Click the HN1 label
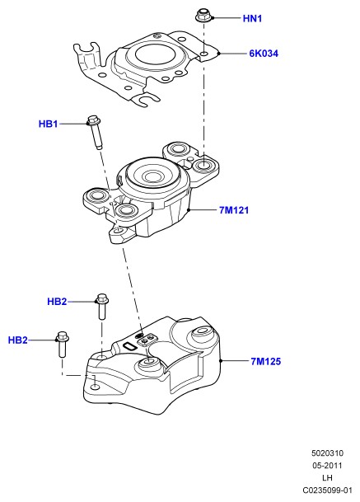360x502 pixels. (252, 19)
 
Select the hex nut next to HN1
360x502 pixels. (203, 16)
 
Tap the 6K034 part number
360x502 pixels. (264, 54)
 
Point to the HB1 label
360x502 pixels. (48, 124)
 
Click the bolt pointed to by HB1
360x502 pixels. (95, 132)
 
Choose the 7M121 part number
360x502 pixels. (234, 210)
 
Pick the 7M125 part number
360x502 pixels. (265, 361)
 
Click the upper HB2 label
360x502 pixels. (57, 302)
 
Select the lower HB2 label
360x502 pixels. (17, 340)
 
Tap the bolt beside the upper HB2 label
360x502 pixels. (102, 307)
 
